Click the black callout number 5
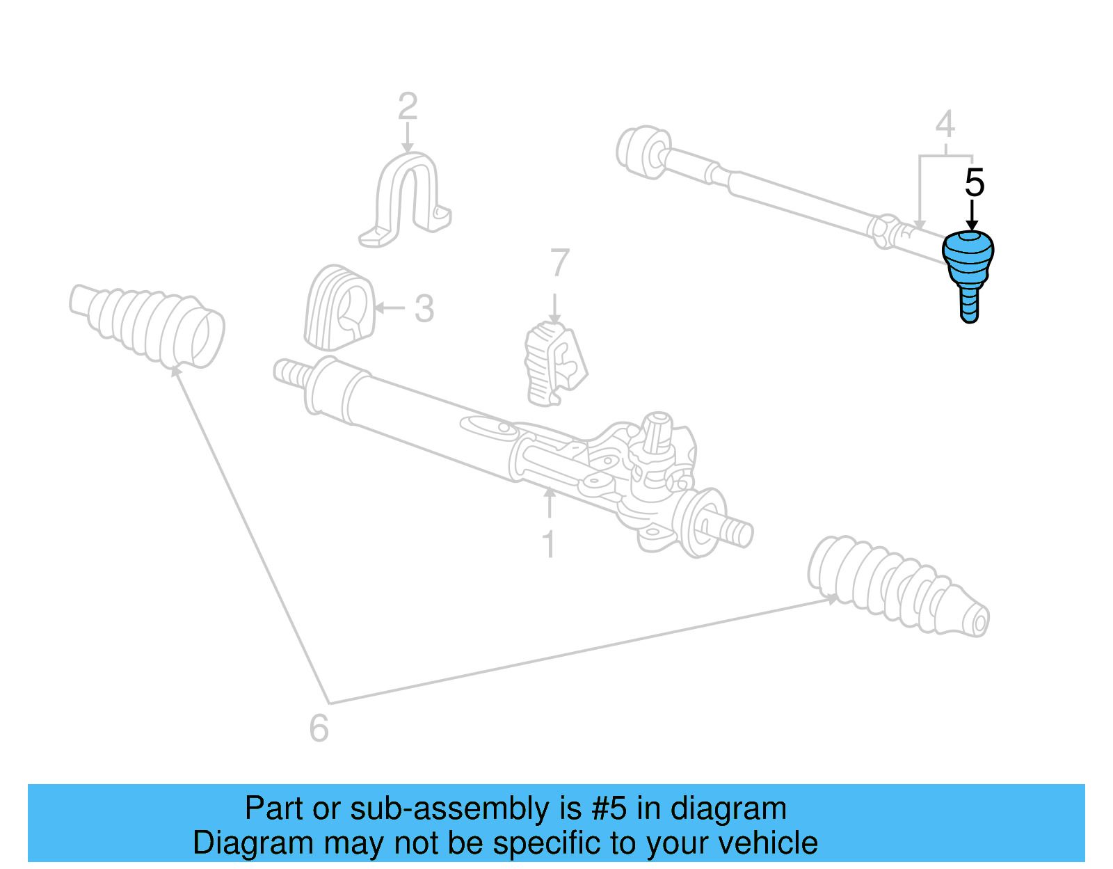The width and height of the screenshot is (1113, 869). click(974, 183)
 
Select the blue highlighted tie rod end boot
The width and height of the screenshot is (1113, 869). click(968, 261)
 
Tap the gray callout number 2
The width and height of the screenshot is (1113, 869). click(408, 107)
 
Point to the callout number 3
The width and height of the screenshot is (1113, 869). click(424, 308)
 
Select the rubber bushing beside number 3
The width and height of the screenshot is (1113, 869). click(339, 308)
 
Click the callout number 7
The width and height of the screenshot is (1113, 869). click(559, 264)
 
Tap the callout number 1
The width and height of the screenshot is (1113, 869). click(549, 544)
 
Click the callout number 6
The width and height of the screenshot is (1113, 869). click(319, 728)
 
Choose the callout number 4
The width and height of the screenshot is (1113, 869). click(945, 125)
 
